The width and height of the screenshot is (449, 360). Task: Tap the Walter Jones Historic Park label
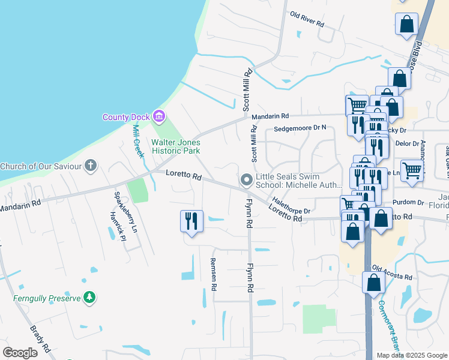[x=175, y=147]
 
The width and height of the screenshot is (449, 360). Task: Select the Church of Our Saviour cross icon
[x=91, y=166]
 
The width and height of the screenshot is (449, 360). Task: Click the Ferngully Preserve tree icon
[x=89, y=298]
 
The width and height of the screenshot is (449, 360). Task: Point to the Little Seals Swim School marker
[x=246, y=179]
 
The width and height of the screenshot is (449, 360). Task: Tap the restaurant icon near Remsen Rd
[x=192, y=221]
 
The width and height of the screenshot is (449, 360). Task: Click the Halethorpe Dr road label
[x=291, y=204]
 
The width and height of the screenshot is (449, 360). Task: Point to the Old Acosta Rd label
[x=392, y=272]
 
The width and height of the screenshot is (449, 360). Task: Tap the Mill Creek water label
[x=138, y=142]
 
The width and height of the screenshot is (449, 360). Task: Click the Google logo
[x=20, y=353]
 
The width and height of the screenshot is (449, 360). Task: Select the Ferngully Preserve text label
[x=47, y=298]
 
